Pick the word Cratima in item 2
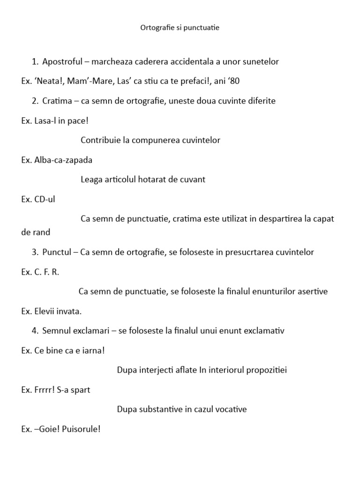pos(57,101)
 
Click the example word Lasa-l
pos(46,120)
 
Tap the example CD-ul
pos(45,199)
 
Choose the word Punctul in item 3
pos(57,252)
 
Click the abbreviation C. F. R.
pos(47,272)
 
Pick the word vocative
pos(228,410)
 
